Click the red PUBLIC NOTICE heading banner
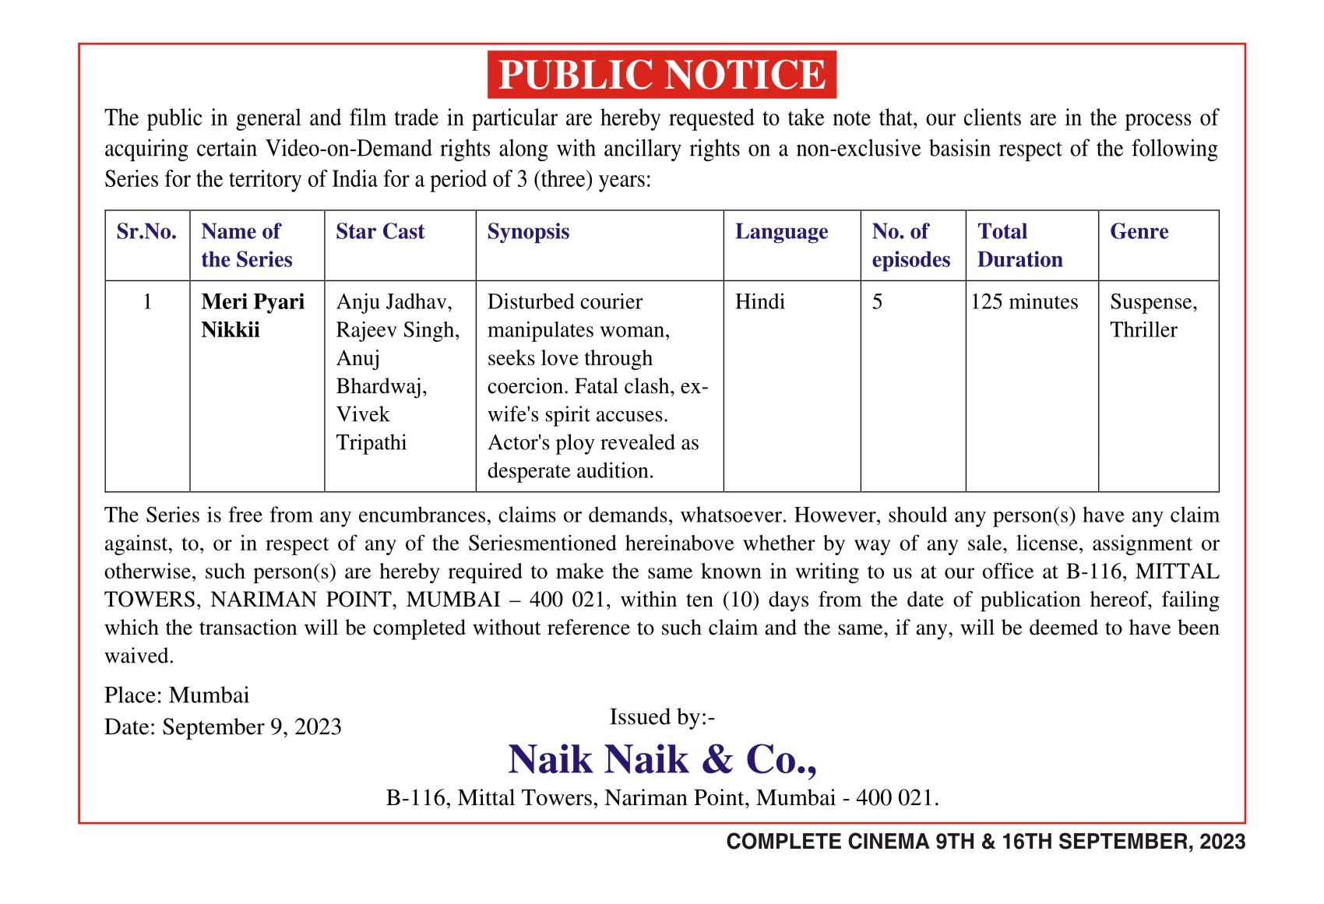coord(661,75)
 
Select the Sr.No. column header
coord(146,232)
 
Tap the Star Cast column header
coord(380,232)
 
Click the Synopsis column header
coord(528,232)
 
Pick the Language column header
coord(781,232)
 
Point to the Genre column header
coord(1139,232)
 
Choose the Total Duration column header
coord(1019,245)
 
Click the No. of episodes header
coord(910,245)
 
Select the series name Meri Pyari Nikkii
coord(252,315)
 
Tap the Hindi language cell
coord(759,302)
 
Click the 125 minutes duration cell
coord(1024,302)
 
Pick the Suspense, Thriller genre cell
coord(1153,315)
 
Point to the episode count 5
coord(877,302)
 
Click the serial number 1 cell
coord(147,302)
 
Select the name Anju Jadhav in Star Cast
coord(393,302)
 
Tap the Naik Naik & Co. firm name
coord(662,759)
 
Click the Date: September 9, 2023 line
coord(223,726)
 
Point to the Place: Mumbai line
coord(177,695)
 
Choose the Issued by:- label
coord(661,716)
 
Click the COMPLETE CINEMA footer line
coord(985,842)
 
